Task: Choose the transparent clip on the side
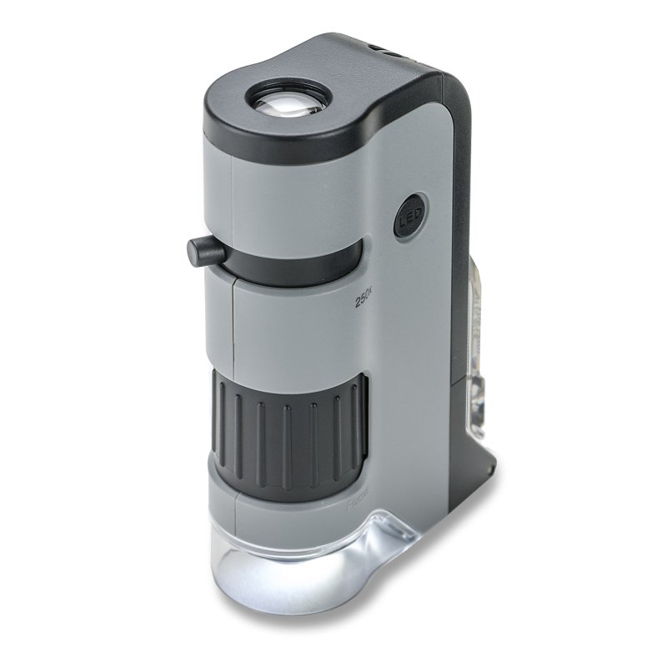476,359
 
